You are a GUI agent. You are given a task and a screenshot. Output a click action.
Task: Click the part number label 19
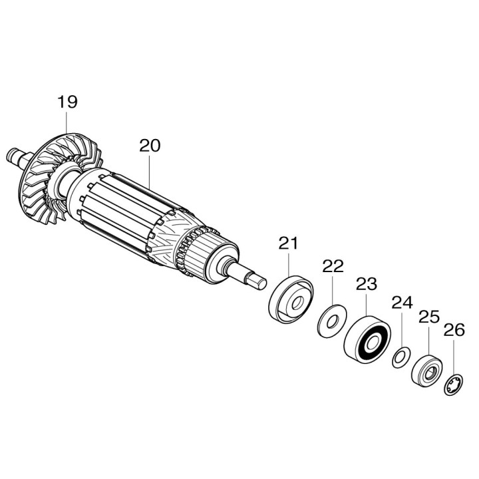point(67,102)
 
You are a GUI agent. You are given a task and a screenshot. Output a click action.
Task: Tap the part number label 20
point(150,146)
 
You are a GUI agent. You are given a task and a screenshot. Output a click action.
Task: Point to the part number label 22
point(333,266)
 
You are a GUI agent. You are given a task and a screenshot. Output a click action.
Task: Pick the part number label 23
point(366,284)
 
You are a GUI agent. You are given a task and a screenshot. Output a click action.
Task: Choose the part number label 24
point(402,303)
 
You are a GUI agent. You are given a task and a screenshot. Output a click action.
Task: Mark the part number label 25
point(428,316)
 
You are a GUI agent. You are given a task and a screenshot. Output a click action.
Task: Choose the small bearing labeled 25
point(426,370)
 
